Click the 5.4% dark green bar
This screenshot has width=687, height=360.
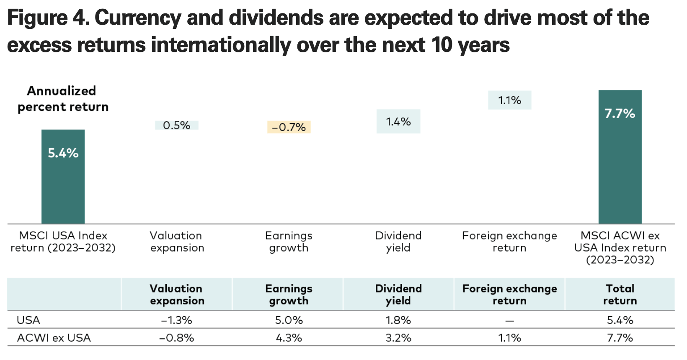point(63,177)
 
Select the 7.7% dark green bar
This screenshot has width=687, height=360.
point(620,157)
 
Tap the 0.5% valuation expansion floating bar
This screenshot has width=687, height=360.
point(176,125)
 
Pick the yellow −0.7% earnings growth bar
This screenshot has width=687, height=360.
point(289,127)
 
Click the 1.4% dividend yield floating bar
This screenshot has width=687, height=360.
point(398,121)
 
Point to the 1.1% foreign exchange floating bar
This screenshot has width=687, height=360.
point(509,100)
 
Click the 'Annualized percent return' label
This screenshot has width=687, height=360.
point(62,99)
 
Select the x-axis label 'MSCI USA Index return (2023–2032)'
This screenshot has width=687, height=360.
point(63,242)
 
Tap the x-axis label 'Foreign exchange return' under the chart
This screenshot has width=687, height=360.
point(509,242)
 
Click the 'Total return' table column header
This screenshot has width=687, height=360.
point(620,294)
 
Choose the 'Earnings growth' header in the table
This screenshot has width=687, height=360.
point(289,294)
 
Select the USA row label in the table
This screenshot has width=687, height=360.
point(28,320)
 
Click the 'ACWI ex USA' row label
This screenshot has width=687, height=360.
point(54,338)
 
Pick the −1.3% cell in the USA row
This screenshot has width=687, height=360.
point(176,320)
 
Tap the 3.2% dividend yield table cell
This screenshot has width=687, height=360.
point(398,338)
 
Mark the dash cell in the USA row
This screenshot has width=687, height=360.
point(509,321)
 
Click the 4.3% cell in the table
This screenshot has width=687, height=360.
point(289,338)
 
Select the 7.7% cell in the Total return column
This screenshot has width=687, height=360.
point(620,338)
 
